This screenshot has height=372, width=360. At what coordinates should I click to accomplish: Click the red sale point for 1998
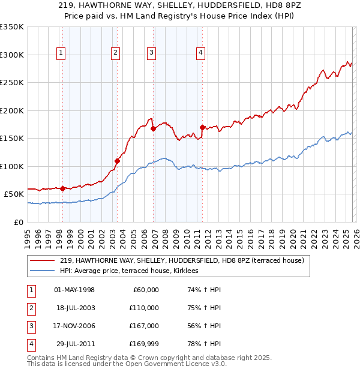tap(62, 188)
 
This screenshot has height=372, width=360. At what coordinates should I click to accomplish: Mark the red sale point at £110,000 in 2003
tap(118, 161)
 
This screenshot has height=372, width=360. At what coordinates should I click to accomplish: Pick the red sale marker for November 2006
tap(154, 128)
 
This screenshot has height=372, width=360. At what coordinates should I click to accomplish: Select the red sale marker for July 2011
tap(203, 127)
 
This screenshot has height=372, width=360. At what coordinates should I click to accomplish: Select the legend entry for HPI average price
tap(133, 271)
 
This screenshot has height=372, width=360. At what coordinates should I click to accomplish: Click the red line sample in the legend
tap(43, 260)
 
